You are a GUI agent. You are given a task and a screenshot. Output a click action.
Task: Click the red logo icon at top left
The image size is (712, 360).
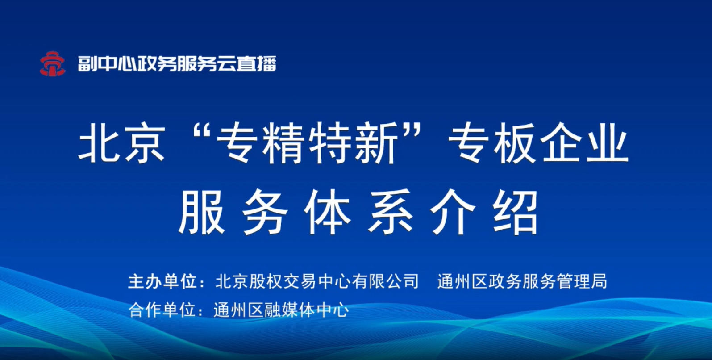(x=52, y=64)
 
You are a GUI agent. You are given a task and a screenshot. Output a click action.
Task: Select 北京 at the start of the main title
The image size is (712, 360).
(x=122, y=143)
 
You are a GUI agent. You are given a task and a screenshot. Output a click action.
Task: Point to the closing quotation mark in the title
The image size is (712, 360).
(x=413, y=130)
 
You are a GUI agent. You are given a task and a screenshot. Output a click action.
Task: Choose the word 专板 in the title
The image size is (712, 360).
(x=491, y=143)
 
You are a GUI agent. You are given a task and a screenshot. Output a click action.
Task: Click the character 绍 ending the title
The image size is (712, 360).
(x=515, y=213)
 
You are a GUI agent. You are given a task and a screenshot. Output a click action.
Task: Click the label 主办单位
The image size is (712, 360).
(x=162, y=281)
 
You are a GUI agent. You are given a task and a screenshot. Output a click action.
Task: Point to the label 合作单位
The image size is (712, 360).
(x=162, y=310)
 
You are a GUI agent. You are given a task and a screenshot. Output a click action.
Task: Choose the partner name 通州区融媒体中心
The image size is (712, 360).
(x=281, y=310)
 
